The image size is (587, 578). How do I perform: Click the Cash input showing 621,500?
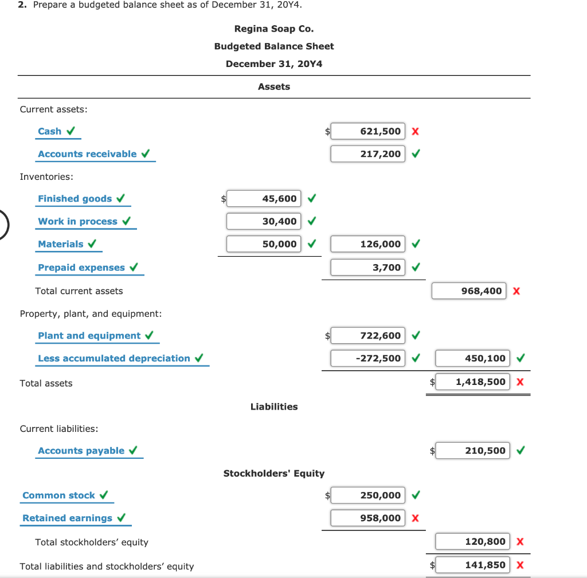tap(367, 131)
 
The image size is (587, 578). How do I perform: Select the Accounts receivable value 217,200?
tap(367, 154)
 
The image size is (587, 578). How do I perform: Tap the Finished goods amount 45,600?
tap(264, 199)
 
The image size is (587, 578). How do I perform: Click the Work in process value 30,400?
tap(264, 221)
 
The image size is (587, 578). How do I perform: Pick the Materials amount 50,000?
tap(264, 244)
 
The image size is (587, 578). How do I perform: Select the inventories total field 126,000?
tap(367, 244)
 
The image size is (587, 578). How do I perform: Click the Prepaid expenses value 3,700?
tap(367, 268)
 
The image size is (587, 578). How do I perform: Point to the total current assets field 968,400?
tap(469, 291)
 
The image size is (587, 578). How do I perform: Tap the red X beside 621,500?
tap(415, 132)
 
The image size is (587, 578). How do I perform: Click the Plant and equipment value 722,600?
tap(367, 336)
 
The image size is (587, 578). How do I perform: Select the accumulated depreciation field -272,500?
tap(367, 359)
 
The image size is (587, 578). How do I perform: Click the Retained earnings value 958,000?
tap(367, 518)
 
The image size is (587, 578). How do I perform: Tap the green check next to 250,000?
tap(415, 495)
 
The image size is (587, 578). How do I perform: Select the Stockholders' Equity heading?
tap(273, 474)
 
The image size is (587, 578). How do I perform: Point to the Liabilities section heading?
tap(274, 407)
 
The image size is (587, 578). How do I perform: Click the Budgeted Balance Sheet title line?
tap(274, 46)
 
